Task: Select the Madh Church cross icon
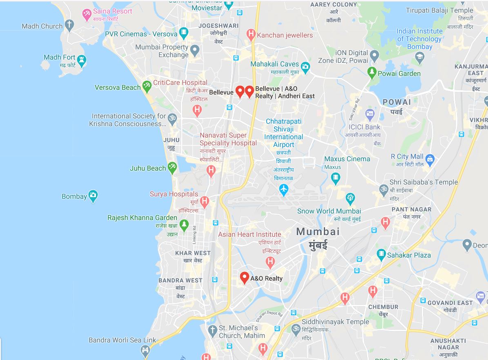pyautogui.click(x=69, y=26)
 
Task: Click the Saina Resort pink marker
pyautogui.click(x=86, y=15)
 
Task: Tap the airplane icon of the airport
pyautogui.click(x=283, y=189)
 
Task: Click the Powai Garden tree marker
pyautogui.click(x=372, y=73)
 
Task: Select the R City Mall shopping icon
pyautogui.click(x=430, y=158)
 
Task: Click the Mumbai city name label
pyautogui.click(x=318, y=232)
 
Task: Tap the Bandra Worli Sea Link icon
pyautogui.click(x=145, y=350)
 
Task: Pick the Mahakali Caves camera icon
pyautogui.click(x=305, y=67)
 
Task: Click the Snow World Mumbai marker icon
pyautogui.click(x=350, y=199)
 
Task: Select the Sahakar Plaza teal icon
pyautogui.click(x=381, y=255)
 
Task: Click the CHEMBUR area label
pyautogui.click(x=383, y=307)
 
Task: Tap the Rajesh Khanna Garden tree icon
pyautogui.click(x=184, y=224)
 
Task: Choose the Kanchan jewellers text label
pyautogui.click(x=285, y=35)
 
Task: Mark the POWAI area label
pyautogui.click(x=397, y=102)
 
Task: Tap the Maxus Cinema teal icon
pyautogui.click(x=336, y=178)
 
